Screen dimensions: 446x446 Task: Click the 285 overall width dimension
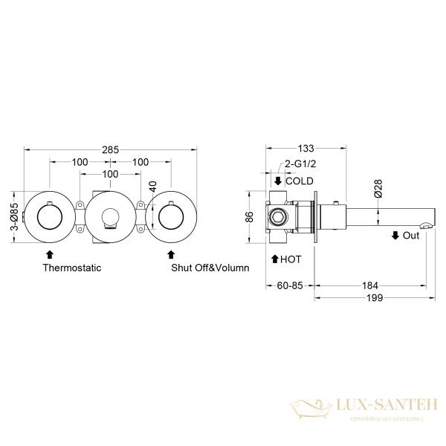pos(110,149)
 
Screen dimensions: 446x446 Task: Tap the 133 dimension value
pos(306,148)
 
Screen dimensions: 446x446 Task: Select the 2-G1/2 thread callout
pos(300,164)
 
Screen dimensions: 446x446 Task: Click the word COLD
pos(300,181)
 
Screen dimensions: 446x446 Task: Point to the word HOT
pos(291,259)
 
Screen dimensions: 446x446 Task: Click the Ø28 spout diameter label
pos(378,189)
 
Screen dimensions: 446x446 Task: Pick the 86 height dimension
pos(250,217)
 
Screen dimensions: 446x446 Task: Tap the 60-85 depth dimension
pos(290,285)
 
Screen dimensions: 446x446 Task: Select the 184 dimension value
pos(370,285)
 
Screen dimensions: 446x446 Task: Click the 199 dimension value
pos(375,298)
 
